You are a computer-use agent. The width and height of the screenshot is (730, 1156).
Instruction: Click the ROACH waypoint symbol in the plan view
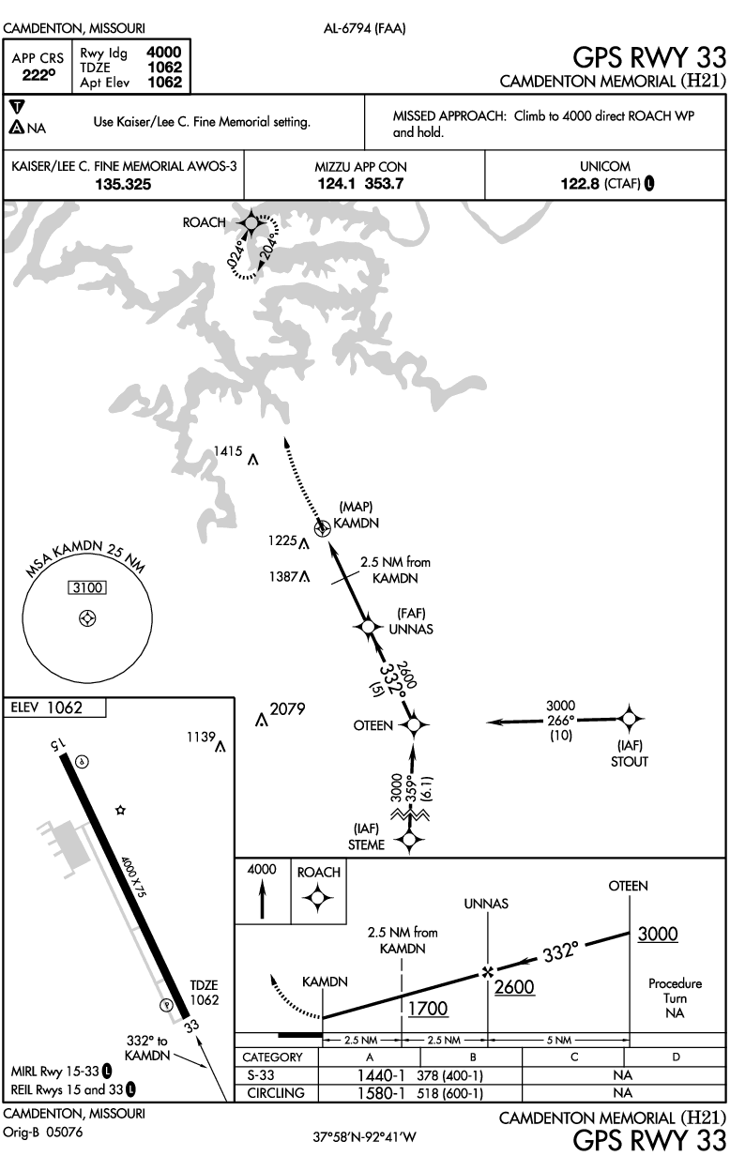coord(251,222)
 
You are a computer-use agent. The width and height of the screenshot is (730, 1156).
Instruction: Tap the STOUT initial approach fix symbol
coord(630,719)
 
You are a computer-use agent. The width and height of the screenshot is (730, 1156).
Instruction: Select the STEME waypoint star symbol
coord(407,841)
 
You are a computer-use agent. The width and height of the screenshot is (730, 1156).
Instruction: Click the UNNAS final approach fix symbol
coord(368,626)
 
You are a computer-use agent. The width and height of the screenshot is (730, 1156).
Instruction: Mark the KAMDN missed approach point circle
coord(324,529)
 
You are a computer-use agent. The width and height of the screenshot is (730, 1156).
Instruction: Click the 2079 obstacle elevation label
coord(288,709)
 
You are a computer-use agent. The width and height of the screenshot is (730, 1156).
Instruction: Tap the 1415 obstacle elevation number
coord(229,451)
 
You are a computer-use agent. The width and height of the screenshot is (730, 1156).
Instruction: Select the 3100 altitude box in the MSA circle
coord(87,587)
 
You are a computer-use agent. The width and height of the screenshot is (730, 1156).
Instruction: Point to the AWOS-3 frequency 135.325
coord(123,184)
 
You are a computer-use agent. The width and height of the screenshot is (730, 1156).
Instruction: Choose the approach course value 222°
coord(38,76)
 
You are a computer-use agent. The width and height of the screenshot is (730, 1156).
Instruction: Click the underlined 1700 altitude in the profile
coord(428,1009)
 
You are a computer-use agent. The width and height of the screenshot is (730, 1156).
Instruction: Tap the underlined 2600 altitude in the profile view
coord(513,987)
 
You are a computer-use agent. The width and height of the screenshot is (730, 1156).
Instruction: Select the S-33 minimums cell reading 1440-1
coord(380,1074)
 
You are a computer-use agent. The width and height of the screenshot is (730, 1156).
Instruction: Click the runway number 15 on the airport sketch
coord(59,744)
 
